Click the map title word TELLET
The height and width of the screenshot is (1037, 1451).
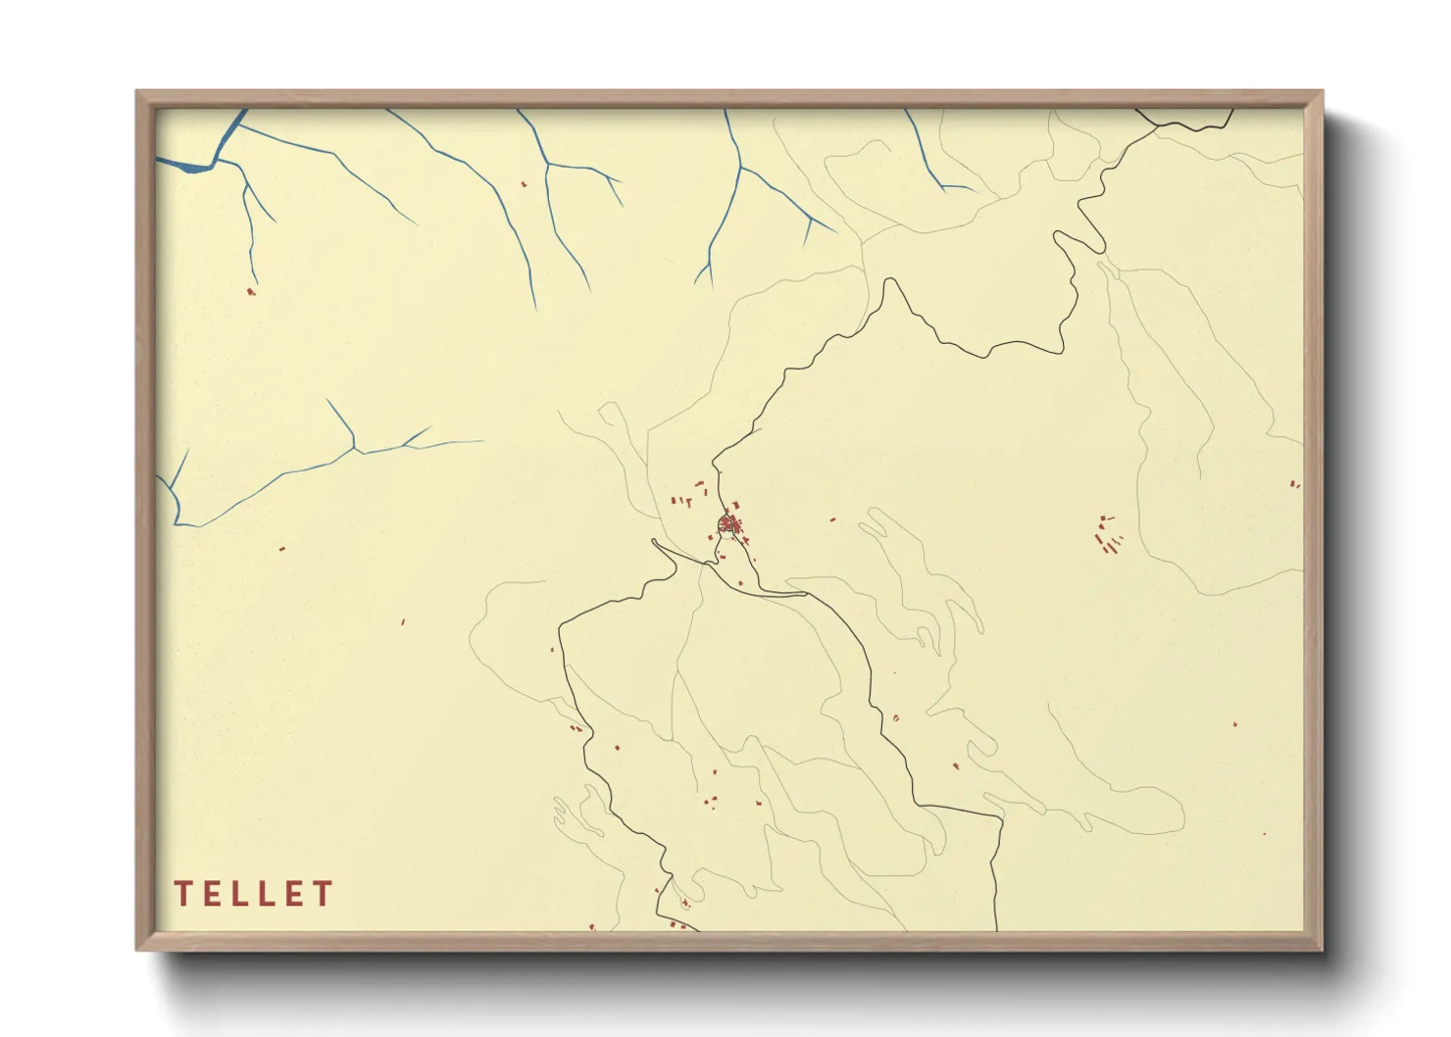254,893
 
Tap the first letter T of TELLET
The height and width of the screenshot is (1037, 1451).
182,893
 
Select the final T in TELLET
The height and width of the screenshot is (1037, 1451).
324,893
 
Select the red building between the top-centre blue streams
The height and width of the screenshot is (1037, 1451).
523,183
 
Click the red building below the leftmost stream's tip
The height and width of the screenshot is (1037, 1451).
251,291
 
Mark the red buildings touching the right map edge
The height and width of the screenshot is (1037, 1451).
1295,483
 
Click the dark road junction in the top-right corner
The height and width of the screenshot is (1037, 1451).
1155,123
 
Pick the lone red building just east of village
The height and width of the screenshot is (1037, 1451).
833,519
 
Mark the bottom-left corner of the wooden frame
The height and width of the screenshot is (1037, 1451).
137,950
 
